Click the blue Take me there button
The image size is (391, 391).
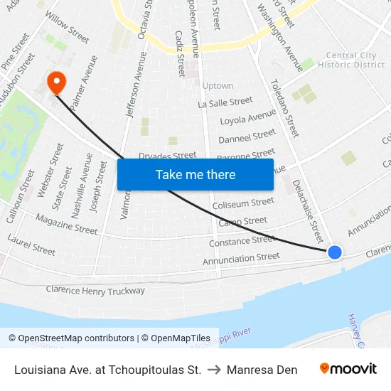(195, 174)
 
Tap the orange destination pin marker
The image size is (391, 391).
(55, 83)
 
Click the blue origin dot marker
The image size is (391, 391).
(334, 252)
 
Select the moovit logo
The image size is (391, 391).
(348, 369)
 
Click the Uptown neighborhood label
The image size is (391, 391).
(218, 86)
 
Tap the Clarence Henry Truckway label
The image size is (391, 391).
(95, 290)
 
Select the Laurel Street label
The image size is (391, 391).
(31, 245)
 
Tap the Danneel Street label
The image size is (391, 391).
(247, 135)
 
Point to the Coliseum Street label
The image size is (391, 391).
(243, 204)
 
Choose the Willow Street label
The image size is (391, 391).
(67, 31)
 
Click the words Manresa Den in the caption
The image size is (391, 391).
(262, 369)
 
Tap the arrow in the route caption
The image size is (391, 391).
(214, 369)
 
